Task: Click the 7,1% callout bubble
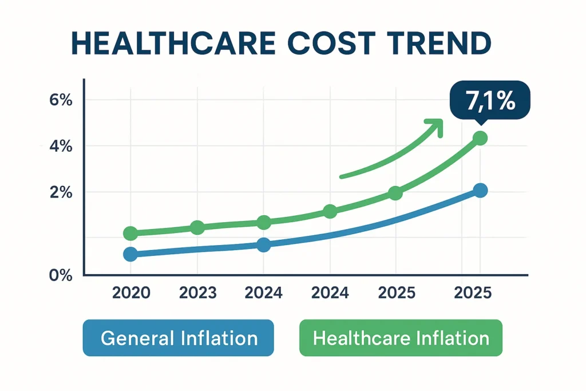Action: (490, 101)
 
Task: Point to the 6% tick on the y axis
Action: (60, 100)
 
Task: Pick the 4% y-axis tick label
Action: (60, 147)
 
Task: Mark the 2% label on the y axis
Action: (60, 192)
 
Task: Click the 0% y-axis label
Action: (60, 275)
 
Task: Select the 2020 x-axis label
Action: (131, 293)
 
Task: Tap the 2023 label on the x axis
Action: (197, 293)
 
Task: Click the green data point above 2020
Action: (130, 233)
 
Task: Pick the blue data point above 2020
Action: (130, 254)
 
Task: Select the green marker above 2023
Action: (197, 227)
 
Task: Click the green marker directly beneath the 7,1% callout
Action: (480, 138)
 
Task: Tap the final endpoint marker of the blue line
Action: (480, 191)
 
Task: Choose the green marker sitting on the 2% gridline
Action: (395, 193)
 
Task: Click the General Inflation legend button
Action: (179, 338)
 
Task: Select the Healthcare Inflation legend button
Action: (401, 338)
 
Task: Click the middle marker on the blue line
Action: (263, 245)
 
